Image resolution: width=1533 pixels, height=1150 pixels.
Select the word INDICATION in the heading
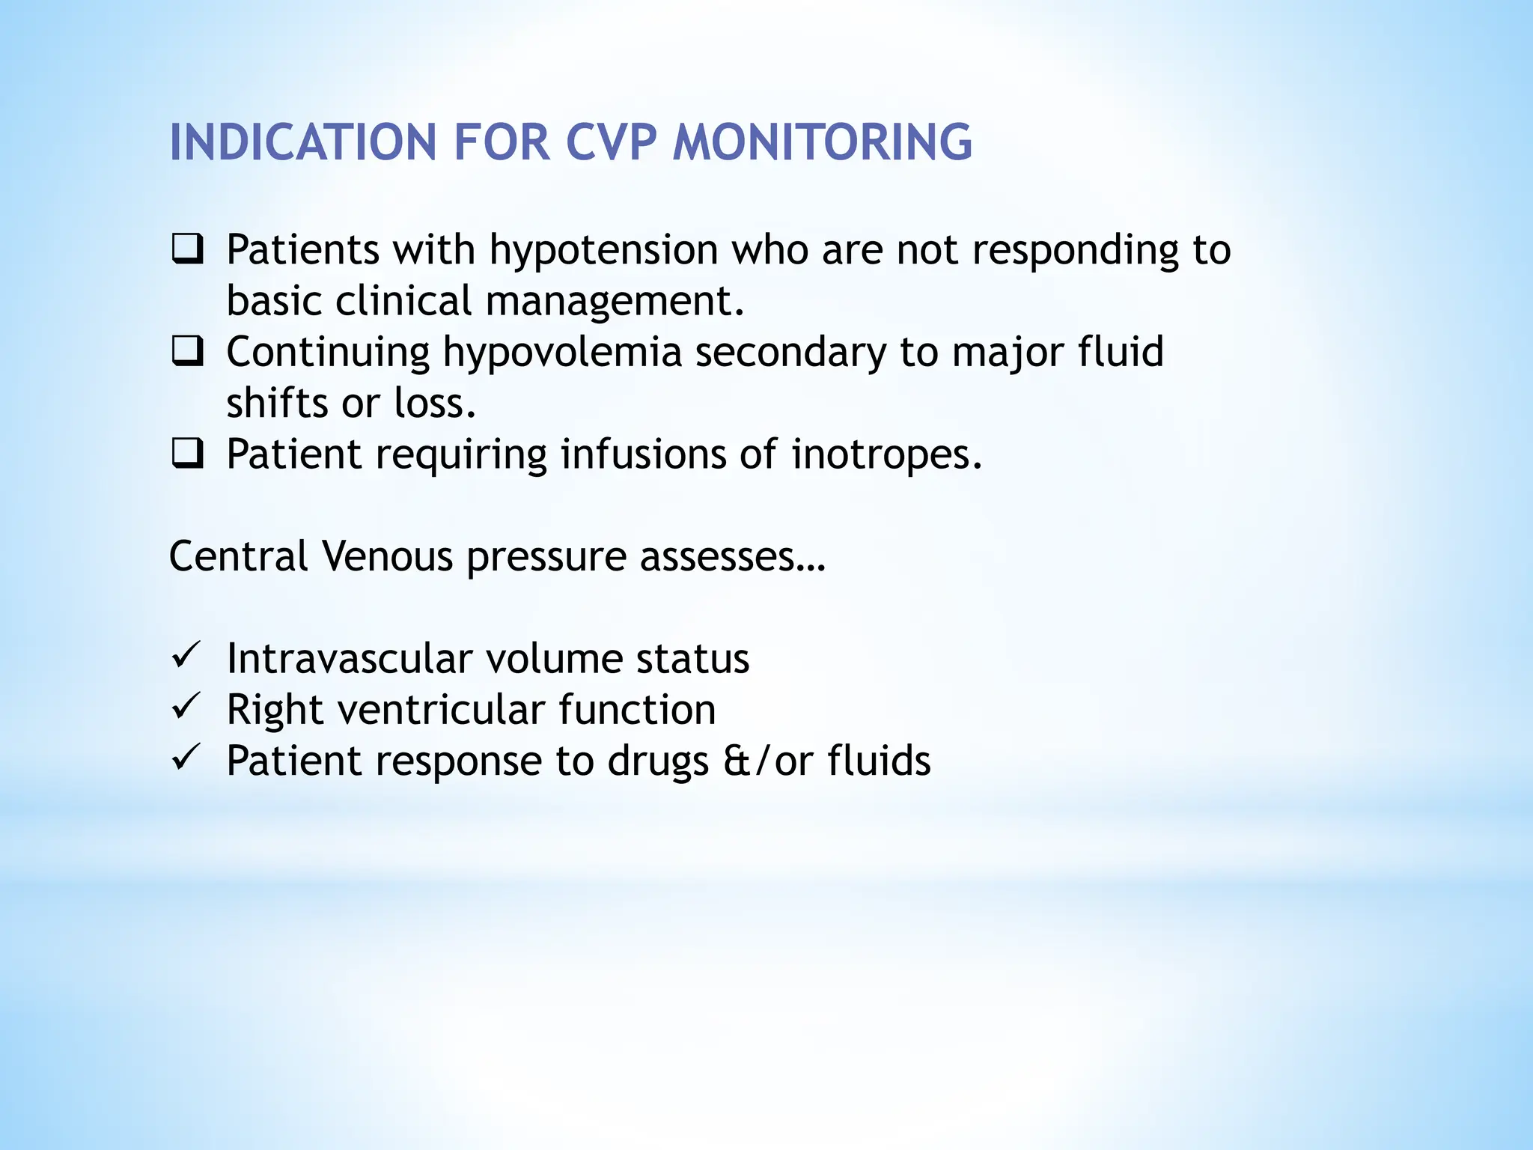point(303,142)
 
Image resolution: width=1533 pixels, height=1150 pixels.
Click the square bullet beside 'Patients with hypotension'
point(187,249)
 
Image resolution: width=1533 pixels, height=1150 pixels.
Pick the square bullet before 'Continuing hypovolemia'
point(187,352)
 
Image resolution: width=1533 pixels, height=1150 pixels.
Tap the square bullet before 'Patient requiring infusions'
point(187,454)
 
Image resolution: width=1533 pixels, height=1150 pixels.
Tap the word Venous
point(387,556)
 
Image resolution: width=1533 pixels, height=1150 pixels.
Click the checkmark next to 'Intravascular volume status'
point(185,656)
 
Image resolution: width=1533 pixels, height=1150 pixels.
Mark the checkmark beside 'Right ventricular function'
point(185,707)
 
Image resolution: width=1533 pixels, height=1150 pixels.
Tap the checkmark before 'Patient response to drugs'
point(185,758)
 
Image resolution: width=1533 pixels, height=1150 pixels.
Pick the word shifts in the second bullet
point(277,404)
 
